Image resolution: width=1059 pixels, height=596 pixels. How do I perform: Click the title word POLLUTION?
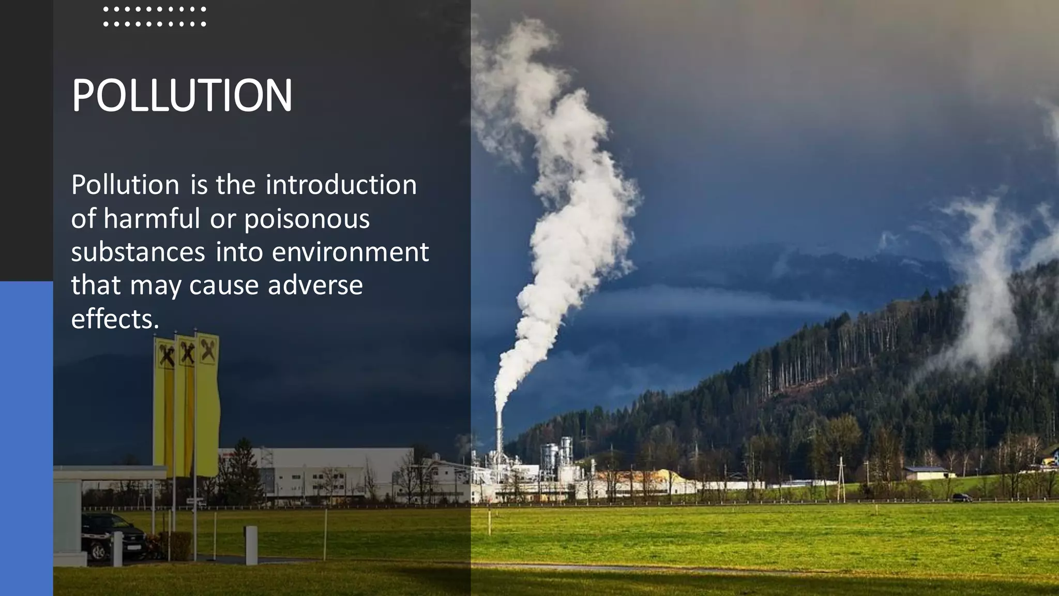click(x=182, y=96)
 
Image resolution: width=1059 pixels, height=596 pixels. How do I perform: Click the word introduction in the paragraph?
click(x=341, y=185)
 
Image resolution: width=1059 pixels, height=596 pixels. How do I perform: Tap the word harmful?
click(x=152, y=218)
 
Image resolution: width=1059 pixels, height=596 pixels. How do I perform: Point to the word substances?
click(x=138, y=252)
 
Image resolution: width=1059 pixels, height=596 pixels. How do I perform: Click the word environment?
click(x=350, y=252)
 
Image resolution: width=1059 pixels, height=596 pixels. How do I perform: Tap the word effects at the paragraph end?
click(x=115, y=319)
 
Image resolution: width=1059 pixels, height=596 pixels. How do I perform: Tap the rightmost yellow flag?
click(x=208, y=404)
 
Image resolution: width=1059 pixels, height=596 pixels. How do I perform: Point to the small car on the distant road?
click(x=962, y=498)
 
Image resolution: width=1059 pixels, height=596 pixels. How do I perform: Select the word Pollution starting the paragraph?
click(x=125, y=185)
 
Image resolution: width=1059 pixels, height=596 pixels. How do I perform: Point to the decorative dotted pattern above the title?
click(x=155, y=17)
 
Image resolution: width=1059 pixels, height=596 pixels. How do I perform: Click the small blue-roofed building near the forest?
click(x=928, y=471)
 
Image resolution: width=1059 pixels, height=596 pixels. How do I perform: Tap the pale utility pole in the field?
click(x=841, y=479)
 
